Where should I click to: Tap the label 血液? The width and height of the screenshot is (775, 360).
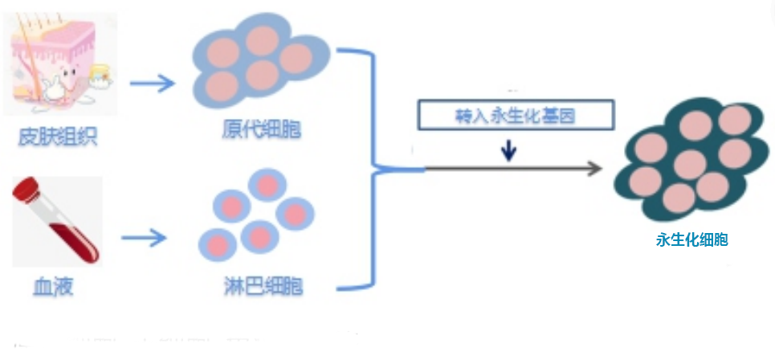53,286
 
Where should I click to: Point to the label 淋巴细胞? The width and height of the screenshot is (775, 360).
263,286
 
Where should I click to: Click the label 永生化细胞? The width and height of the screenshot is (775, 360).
691,239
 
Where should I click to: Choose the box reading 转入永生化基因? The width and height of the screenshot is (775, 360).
516,116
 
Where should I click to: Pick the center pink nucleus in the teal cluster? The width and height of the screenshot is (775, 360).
690,165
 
